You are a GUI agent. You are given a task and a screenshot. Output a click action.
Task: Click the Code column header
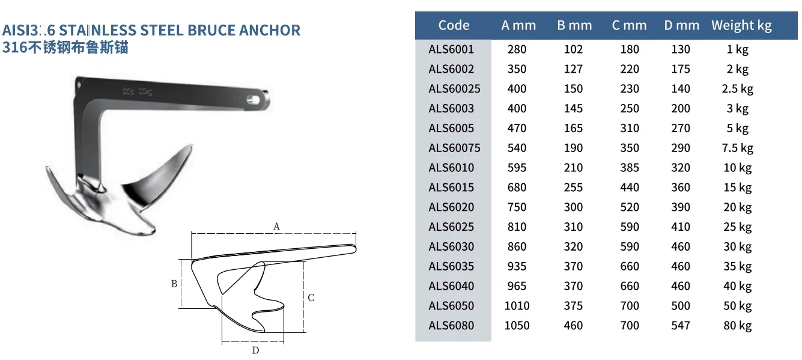tap(454, 25)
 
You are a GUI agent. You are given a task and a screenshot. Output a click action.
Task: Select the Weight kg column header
tap(741, 25)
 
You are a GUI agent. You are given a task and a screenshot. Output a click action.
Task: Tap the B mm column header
tap(574, 25)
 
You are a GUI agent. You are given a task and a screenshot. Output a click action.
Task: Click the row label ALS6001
tap(451, 49)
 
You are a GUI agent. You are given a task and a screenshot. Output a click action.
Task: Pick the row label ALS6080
tap(451, 326)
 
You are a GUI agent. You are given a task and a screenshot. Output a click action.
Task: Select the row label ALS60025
tap(454, 89)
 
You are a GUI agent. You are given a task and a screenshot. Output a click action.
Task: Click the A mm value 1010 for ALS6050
tap(517, 306)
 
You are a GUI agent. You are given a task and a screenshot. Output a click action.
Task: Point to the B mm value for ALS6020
tap(573, 207)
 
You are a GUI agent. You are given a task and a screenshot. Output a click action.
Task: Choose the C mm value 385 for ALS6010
tap(630, 168)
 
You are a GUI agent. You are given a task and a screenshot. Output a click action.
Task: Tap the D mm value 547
tap(681, 326)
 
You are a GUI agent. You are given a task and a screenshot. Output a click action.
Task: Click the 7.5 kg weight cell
tap(738, 148)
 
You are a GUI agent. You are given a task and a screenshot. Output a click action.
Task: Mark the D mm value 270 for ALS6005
tap(681, 128)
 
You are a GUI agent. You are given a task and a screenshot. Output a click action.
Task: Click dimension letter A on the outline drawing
tap(276, 227)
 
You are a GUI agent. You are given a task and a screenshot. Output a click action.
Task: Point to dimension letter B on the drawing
tap(174, 284)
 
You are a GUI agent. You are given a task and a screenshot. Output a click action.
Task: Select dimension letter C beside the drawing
tap(311, 297)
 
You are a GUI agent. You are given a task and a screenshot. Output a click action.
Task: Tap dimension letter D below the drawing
tap(255, 350)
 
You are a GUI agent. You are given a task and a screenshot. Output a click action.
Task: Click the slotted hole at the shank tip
tap(260, 96)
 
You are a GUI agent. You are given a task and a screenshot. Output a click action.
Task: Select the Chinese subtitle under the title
tap(65, 47)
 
